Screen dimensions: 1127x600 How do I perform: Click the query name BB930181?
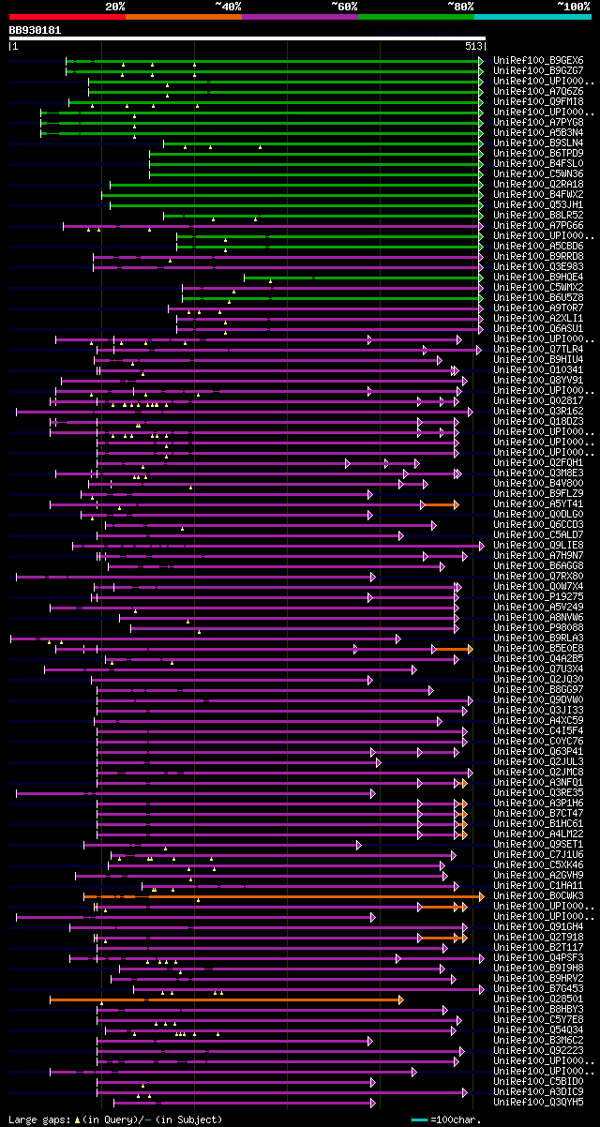tap(35, 30)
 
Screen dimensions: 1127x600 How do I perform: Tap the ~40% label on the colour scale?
tap(228, 6)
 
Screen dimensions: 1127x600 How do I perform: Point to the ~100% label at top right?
tap(573, 6)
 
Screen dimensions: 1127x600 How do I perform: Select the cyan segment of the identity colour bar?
tap(532, 17)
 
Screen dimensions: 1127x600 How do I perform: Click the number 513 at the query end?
tap(473, 45)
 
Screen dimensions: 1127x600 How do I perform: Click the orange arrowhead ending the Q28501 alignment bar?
tap(400, 999)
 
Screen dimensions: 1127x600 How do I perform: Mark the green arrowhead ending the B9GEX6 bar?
tap(481, 60)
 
